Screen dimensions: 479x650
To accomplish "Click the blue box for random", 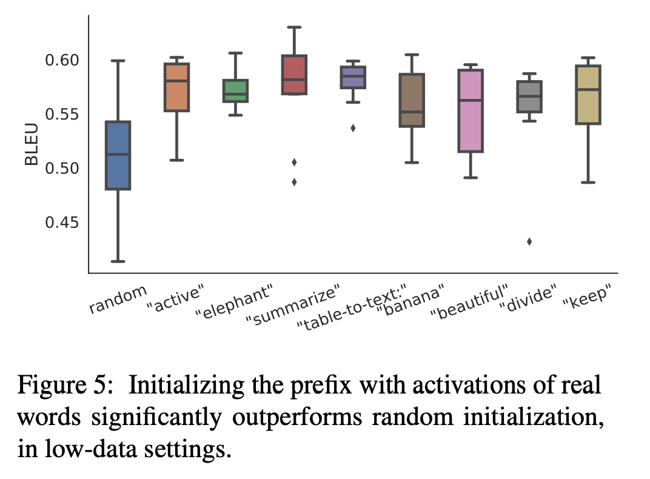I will (x=118, y=155).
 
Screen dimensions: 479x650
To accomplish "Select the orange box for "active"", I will (x=176, y=87).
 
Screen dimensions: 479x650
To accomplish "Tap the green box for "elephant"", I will (x=235, y=91).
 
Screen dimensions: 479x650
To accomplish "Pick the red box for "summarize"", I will (x=294, y=75).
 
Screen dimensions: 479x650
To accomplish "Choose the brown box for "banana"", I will (x=411, y=100).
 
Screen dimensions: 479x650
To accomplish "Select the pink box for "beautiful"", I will (x=470, y=111).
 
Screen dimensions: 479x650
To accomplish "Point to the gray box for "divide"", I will (x=529, y=96).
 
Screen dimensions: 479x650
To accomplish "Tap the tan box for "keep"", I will (x=588, y=95).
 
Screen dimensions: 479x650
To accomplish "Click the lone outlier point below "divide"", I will (x=529, y=241).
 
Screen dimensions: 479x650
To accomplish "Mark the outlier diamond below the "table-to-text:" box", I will (x=353, y=128).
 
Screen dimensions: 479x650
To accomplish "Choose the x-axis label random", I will (x=119, y=298).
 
